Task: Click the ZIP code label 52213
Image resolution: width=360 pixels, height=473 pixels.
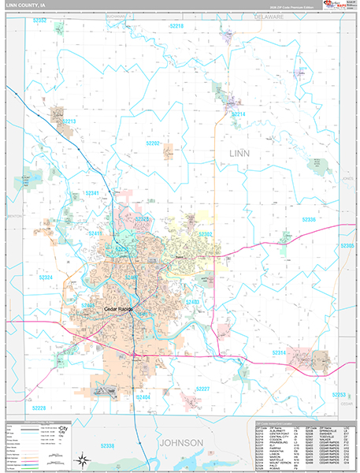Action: (69, 121)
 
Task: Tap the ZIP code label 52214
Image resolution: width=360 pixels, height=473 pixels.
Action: (238, 114)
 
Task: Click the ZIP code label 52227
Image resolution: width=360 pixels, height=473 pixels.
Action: (203, 389)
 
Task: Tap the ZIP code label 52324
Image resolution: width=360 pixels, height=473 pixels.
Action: (46, 277)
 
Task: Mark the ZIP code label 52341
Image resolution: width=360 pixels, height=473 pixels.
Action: (91, 192)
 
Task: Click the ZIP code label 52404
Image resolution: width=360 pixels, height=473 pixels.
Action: (143, 398)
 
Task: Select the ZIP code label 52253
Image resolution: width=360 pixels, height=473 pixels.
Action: (339, 394)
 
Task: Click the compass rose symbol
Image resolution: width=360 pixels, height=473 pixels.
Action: (82, 459)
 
